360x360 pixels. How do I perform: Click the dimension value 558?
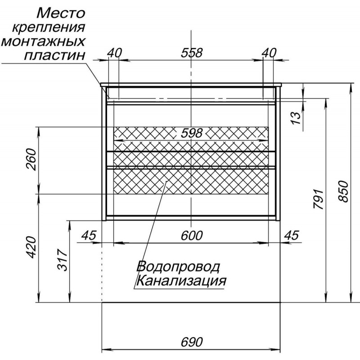[x=192, y=53]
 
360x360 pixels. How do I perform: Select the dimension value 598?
[x=192, y=133]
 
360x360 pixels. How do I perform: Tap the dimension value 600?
[x=192, y=235]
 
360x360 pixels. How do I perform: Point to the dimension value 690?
[x=192, y=342]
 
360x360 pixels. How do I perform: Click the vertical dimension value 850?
[x=343, y=192]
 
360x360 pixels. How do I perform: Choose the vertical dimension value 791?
[x=319, y=199]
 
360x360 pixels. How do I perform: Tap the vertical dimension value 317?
[x=62, y=260]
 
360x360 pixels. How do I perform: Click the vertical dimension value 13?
[x=296, y=118]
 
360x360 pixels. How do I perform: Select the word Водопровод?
[x=178, y=266]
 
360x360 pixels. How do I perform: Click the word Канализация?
[x=181, y=280]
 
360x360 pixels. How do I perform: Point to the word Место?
[x=61, y=13]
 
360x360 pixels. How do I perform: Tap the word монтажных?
[x=43, y=42]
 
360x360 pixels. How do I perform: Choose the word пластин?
[x=54, y=55]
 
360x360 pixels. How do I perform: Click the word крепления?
[x=49, y=28]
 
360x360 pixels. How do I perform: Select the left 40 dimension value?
[x=115, y=53]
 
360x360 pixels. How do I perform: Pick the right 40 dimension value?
[x=269, y=53]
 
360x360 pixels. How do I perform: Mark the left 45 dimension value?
[x=89, y=235]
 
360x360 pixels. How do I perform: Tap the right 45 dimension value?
[x=292, y=235]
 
